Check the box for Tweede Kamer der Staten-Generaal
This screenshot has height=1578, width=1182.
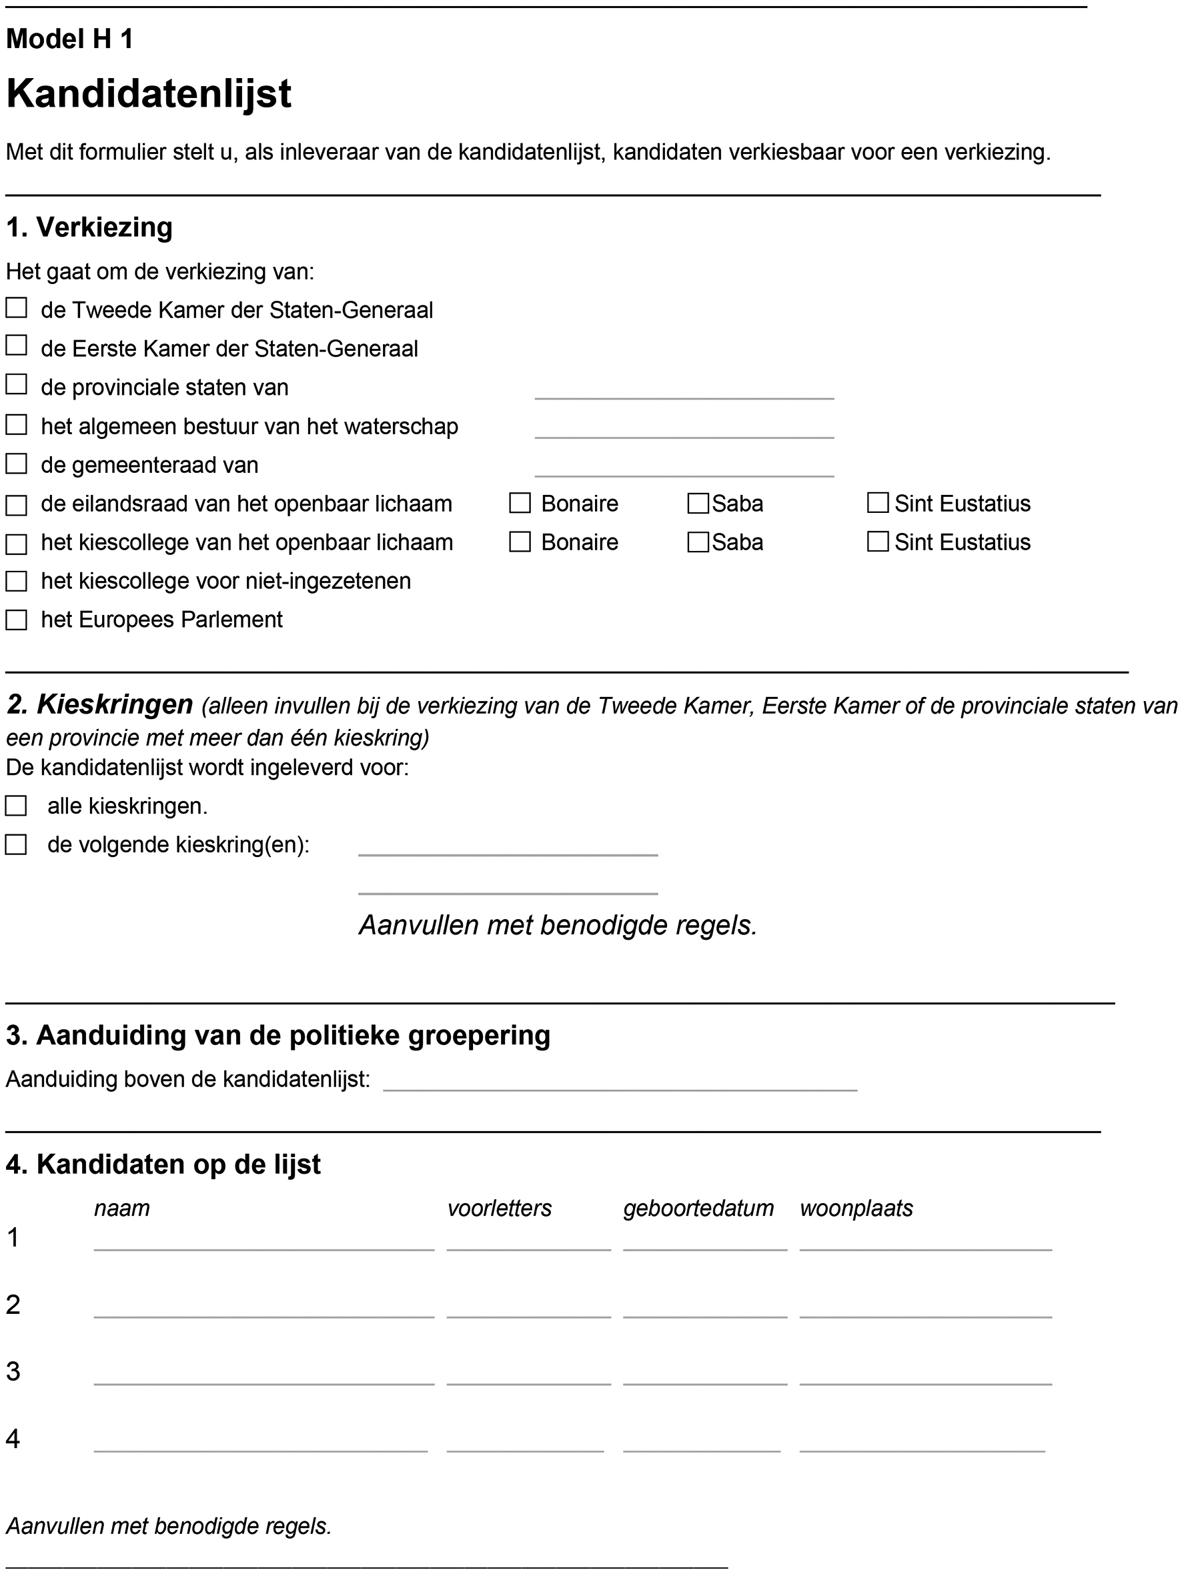[17, 308]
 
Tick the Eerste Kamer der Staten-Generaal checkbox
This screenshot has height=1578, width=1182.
[17, 346]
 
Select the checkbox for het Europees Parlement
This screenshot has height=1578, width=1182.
[17, 620]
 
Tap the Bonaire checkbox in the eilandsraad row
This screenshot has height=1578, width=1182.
[520, 504]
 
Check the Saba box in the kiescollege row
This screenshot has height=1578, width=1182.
[698, 542]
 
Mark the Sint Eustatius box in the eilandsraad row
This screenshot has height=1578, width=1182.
[877, 504]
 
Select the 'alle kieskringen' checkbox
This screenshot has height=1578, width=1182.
[16, 806]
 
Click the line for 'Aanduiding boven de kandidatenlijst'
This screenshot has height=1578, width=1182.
[619, 1080]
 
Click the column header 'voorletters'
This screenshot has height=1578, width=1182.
[500, 1209]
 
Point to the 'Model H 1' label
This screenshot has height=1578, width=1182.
[70, 39]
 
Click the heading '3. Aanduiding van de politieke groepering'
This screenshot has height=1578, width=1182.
[278, 1035]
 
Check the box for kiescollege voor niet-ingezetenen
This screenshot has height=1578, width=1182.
[17, 582]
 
